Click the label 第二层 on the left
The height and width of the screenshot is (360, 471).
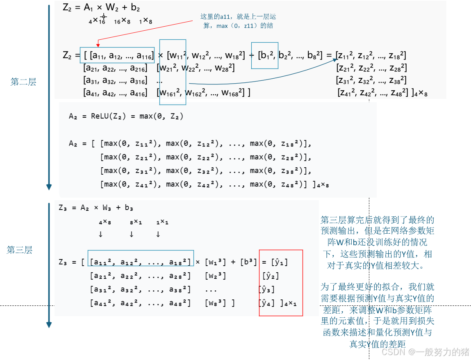23,82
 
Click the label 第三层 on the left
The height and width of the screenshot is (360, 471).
19,250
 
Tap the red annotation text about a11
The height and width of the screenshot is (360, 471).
238,21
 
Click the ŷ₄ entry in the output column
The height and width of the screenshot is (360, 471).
266,303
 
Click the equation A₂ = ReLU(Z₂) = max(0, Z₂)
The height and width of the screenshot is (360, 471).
126,116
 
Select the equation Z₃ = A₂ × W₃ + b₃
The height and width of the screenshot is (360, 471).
96,208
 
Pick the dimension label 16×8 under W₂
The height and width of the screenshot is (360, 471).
122,21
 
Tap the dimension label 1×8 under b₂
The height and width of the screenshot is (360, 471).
146,21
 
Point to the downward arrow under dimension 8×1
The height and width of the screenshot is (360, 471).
131,235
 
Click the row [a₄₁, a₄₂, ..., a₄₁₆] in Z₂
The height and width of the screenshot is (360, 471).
115,93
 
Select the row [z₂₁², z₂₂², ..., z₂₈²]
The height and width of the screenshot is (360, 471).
371,68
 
